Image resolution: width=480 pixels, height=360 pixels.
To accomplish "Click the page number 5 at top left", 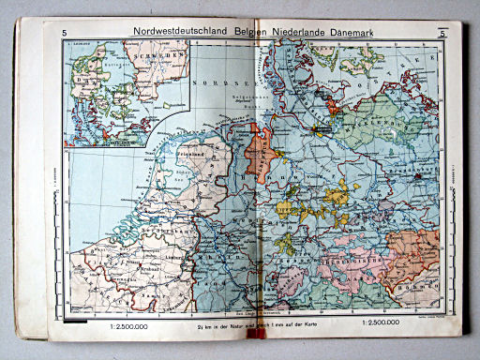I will pyautogui.click(x=65, y=35).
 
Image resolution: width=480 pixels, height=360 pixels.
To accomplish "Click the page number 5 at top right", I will pyautogui.click(x=440, y=35).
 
